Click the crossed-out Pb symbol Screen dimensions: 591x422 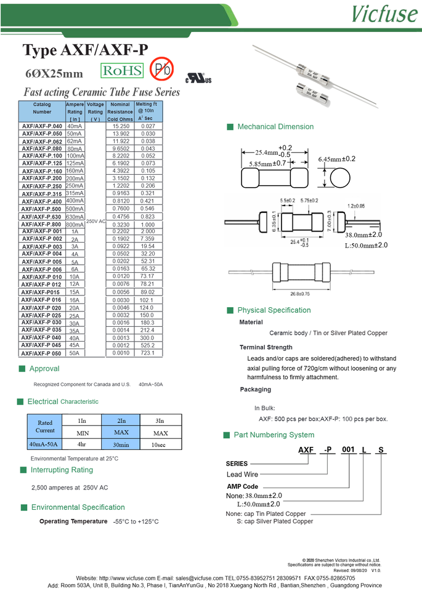[x=163, y=70]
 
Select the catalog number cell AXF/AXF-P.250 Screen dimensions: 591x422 [x=42, y=186]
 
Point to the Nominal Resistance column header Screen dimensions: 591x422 [x=120, y=111]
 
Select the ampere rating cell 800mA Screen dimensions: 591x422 [x=75, y=224]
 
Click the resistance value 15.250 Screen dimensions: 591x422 [x=120, y=126]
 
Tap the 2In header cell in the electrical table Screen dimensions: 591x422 [x=121, y=420]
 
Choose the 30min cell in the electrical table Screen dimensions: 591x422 [x=121, y=444]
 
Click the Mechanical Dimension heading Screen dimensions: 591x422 [x=275, y=127]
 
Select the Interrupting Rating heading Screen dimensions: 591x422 [x=62, y=470]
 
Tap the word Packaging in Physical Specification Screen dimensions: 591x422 [x=255, y=389]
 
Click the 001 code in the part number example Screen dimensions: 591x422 [x=348, y=450]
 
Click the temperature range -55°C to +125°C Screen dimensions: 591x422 [x=136, y=521]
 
